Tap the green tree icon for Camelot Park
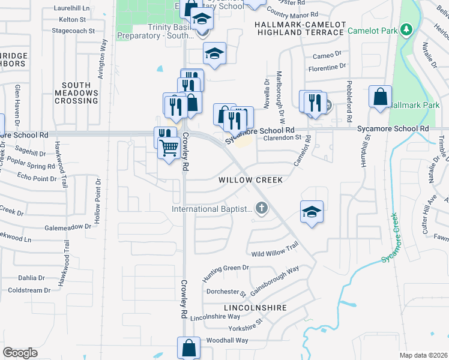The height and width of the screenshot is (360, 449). click(407, 29)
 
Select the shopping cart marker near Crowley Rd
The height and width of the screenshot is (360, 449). click(169, 146)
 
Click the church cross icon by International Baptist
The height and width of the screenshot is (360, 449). click(261, 209)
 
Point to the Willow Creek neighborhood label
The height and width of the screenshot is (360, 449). click(250, 180)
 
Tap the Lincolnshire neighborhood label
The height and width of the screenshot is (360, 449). click(255, 307)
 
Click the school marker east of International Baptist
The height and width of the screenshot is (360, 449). click(312, 212)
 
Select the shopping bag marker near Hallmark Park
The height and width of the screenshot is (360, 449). click(380, 97)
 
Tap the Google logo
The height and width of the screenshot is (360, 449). click(20, 353)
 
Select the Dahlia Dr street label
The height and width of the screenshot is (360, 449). click(31, 278)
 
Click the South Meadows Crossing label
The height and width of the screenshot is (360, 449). click(76, 93)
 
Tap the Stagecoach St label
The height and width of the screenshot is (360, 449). click(73, 30)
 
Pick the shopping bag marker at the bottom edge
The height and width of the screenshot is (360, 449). click(188, 348)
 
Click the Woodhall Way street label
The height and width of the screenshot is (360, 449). click(227, 340)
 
